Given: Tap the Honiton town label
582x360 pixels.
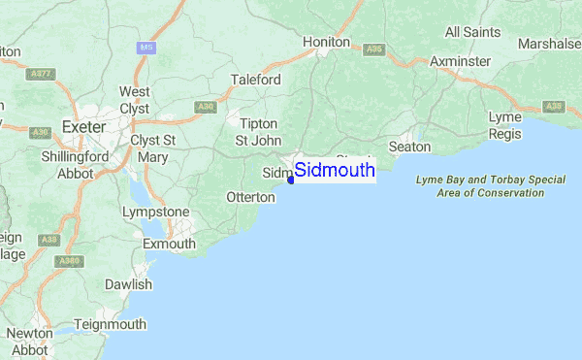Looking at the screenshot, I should click(326, 42).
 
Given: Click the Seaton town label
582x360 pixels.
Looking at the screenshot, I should click(408, 146).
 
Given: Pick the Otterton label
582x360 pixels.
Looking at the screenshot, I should click(251, 196).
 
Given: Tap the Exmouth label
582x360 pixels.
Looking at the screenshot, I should click(168, 244).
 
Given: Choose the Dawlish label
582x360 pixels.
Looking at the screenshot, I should click(129, 284).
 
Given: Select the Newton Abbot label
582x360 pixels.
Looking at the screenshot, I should click(28, 341).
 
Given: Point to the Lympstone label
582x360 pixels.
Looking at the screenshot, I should click(155, 212).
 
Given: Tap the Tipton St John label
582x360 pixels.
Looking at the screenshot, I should click(258, 131).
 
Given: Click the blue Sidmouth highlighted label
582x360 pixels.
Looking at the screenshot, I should click(334, 171).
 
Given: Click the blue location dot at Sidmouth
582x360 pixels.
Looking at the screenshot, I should click(291, 180).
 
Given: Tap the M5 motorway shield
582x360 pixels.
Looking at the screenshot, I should click(146, 47).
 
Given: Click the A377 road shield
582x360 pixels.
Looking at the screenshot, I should click(41, 73).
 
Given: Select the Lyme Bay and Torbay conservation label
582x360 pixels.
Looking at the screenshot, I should click(490, 186).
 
